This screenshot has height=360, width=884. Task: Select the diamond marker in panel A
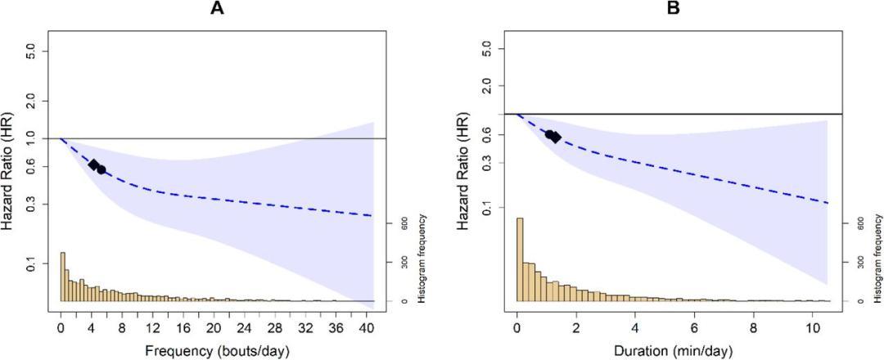tap(93, 164)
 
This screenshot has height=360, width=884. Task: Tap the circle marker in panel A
tap(101, 169)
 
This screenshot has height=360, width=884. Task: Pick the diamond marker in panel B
tap(556, 137)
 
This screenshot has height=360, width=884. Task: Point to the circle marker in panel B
tap(550, 134)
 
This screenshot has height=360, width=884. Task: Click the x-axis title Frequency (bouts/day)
tap(217, 351)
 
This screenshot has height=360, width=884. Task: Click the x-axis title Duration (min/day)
tap(673, 351)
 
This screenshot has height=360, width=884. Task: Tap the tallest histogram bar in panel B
tap(520, 259)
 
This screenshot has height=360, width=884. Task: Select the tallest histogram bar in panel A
tap(62, 277)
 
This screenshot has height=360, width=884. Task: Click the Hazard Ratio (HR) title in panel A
tap(14, 168)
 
